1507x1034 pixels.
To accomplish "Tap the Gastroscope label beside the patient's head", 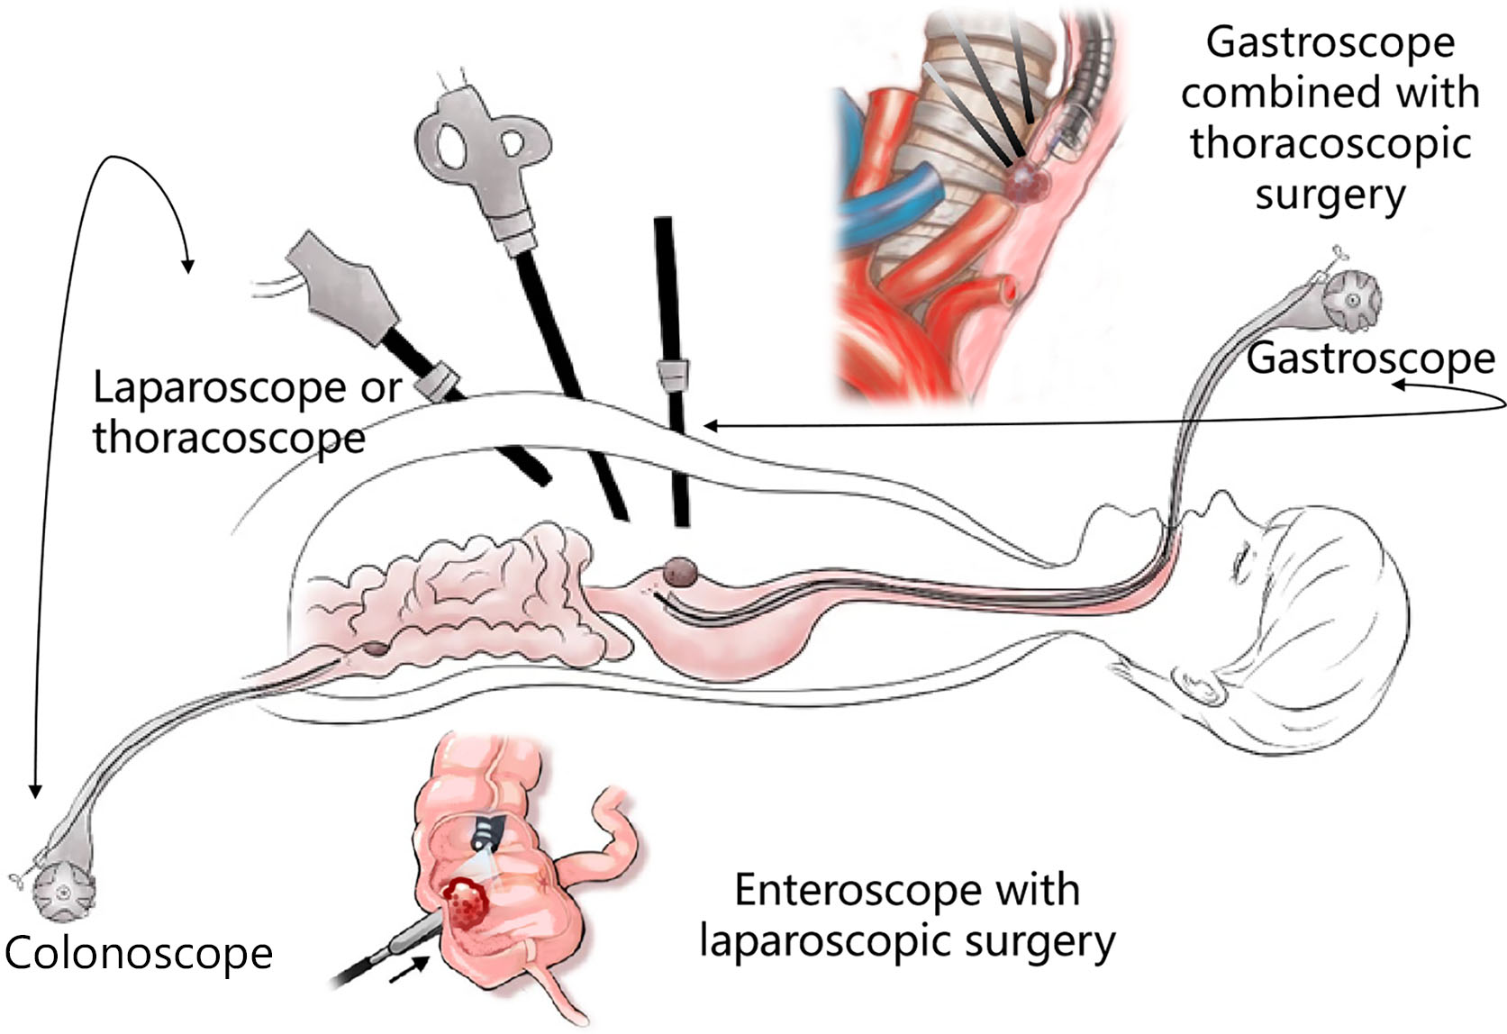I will click(x=1370, y=358).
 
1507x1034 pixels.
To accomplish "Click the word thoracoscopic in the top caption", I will click(x=1330, y=143).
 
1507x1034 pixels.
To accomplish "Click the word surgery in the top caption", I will click(x=1330, y=195).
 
